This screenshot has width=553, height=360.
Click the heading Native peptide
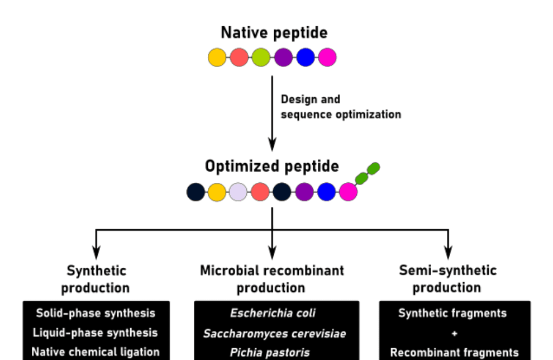click(274, 32)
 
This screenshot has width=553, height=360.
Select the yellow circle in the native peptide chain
click(217, 57)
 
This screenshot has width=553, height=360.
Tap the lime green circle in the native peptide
click(261, 57)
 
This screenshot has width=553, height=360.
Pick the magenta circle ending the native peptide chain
click(327, 57)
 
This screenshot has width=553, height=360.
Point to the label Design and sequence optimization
click(340, 107)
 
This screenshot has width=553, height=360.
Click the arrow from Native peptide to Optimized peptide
click(272, 112)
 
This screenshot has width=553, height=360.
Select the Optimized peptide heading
click(272, 167)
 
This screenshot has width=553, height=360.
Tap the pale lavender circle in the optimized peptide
click(239, 192)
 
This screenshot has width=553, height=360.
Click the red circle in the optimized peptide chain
click(260, 192)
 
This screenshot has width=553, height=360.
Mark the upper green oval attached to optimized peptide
click(374, 168)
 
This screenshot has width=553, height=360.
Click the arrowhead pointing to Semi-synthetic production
click(448, 252)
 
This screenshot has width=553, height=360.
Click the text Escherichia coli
click(273, 314)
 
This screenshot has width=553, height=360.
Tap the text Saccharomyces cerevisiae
click(274, 334)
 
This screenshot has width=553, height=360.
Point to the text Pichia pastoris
click(272, 353)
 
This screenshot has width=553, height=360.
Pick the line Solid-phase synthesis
click(96, 313)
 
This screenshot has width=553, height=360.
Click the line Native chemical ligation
click(96, 352)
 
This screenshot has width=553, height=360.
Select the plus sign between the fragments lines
click(454, 333)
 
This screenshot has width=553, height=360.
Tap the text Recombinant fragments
click(454, 353)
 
